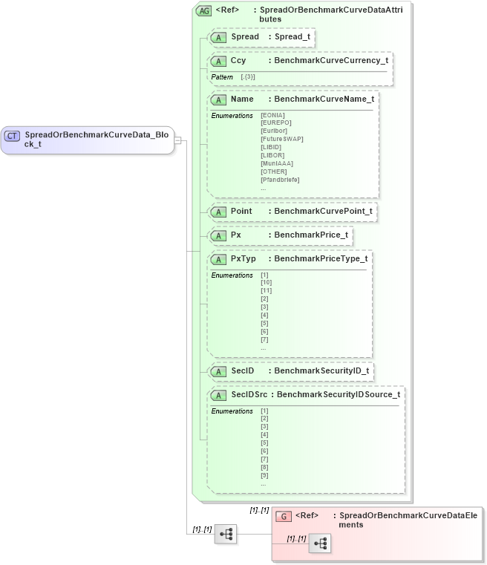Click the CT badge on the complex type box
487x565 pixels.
[13, 136]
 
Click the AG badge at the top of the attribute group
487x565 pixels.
[203, 11]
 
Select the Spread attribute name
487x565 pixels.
[245, 36]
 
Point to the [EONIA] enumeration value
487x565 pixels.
[273, 115]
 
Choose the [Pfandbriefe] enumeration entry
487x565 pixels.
[279, 179]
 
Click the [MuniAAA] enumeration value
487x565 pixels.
[277, 163]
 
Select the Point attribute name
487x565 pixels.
[241, 211]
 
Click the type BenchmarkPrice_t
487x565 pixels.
[311, 235]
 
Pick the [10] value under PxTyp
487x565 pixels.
[266, 283]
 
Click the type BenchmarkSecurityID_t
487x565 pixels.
[321, 370]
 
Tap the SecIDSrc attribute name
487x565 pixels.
[249, 394]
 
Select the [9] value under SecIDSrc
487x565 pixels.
[264, 475]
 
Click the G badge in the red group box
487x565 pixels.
[283, 516]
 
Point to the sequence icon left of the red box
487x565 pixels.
[226, 534]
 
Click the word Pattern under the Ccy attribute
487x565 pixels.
[222, 77]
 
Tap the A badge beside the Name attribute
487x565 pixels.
[218, 99]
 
